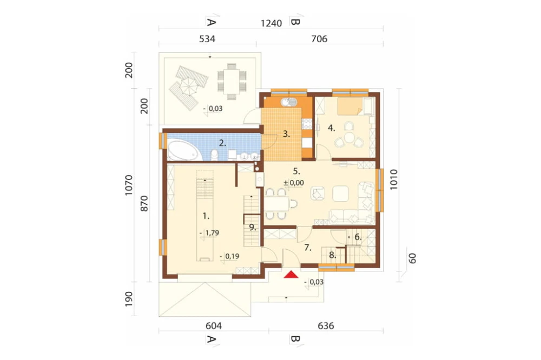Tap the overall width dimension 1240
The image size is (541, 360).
tap(271, 23)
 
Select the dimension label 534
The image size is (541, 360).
tap(207, 39)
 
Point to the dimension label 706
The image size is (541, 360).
tap(319, 39)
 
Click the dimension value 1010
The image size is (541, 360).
tap(394, 179)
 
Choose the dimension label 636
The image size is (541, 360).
tap(326, 325)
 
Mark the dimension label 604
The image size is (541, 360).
tap(214, 325)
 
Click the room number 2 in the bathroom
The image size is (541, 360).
tap(222, 143)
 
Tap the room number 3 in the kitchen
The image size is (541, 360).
tap(286, 134)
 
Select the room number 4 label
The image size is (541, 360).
tap(331, 128)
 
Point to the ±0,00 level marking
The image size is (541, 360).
tap(294, 183)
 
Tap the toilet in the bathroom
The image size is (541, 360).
tap(214, 155)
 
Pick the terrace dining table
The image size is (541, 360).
tap(232, 80)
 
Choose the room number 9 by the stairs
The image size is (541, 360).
tap(253, 227)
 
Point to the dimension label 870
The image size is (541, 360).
tap(144, 203)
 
